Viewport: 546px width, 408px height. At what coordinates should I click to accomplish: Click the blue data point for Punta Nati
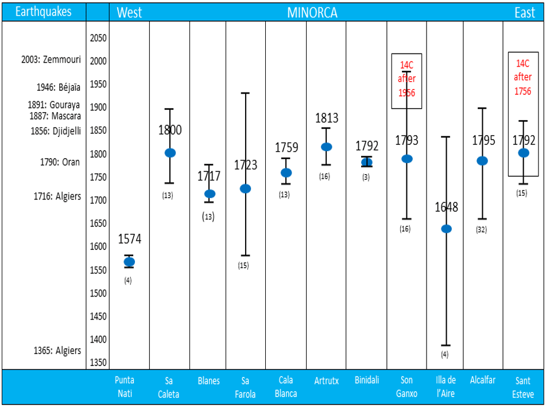click(129, 262)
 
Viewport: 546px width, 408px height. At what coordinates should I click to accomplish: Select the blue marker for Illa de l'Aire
click(446, 229)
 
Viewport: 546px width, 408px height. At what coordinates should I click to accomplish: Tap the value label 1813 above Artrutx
click(327, 118)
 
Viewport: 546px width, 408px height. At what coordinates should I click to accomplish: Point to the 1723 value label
click(245, 165)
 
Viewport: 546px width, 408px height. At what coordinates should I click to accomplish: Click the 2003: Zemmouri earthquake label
click(51, 60)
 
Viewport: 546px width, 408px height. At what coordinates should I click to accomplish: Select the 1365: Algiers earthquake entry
click(56, 351)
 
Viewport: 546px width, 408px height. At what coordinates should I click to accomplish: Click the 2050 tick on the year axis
click(98, 38)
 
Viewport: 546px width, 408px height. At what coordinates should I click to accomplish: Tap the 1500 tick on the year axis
click(98, 293)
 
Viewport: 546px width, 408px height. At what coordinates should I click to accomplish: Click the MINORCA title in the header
click(312, 13)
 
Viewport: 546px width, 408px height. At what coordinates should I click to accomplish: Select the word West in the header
click(129, 13)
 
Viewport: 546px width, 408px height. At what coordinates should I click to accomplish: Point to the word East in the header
click(524, 13)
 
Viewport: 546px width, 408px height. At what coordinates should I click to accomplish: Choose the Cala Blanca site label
click(286, 387)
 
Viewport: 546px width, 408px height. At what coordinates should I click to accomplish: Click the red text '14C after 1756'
click(522, 77)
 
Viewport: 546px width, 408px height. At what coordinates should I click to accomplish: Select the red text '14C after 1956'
click(406, 79)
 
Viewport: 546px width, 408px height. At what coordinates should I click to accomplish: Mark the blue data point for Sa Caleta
click(170, 153)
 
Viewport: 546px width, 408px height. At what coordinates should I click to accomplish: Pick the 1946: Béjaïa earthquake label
click(59, 87)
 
